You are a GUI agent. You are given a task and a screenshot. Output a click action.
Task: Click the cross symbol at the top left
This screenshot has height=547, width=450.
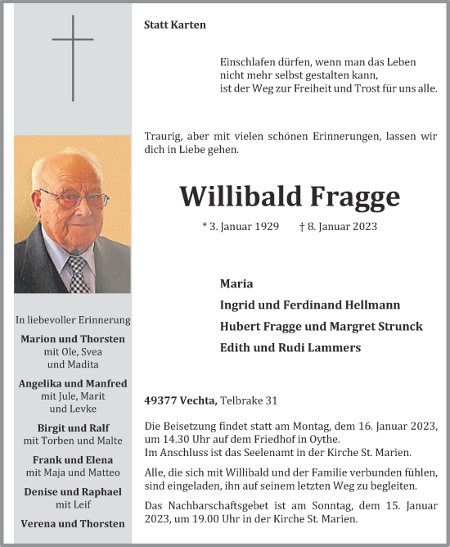73,57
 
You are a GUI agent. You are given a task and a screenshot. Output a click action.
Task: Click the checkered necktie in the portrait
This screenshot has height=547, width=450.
79,273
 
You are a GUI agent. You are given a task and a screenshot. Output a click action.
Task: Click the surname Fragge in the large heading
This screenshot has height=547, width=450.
355,197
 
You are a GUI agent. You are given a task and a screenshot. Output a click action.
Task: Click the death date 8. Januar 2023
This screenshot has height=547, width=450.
338,226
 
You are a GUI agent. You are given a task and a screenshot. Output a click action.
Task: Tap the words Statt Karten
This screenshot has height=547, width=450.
175,25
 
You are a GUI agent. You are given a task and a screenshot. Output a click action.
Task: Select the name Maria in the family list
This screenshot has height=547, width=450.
236,283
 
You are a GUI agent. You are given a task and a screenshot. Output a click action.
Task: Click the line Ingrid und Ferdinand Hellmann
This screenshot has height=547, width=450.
310,305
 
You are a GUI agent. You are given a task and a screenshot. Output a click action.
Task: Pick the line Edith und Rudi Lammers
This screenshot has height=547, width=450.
290,347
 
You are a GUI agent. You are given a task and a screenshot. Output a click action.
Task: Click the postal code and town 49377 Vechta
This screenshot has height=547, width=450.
180,400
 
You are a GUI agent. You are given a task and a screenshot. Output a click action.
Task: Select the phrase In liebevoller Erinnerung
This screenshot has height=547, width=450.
73,319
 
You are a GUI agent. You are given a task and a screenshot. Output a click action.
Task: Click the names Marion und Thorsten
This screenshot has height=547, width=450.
73,339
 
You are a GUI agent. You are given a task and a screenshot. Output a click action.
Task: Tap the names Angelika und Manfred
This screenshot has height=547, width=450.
73,383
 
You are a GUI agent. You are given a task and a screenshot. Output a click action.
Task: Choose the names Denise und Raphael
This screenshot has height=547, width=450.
73,491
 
